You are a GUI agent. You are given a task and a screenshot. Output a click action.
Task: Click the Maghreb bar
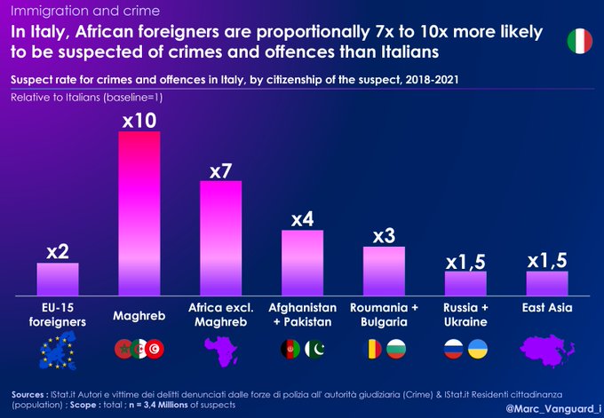[x=139, y=213]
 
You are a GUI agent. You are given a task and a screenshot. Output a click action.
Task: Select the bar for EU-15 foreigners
[x=58, y=279]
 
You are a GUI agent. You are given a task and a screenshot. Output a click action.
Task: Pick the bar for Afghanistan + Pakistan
[x=302, y=263]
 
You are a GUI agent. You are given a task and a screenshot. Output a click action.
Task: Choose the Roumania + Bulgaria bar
[x=384, y=271]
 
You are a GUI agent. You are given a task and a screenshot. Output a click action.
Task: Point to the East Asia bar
[x=547, y=283]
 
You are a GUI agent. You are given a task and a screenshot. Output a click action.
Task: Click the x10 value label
[x=139, y=119]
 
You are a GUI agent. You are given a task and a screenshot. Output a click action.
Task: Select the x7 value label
[x=220, y=170]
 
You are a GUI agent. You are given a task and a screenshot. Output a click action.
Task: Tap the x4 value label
[x=302, y=218]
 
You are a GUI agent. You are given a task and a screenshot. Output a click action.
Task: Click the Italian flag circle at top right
[x=579, y=40]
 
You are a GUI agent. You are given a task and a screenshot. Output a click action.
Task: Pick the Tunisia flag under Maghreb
[x=154, y=349]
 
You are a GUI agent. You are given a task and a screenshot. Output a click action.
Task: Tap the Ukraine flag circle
[x=478, y=349]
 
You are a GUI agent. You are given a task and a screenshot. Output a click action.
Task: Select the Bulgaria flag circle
[x=396, y=349]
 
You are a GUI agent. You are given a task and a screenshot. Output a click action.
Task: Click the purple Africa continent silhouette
[x=219, y=351]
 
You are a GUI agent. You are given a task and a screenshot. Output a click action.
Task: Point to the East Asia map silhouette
[x=546, y=350]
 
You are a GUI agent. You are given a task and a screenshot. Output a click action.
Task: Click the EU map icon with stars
[x=57, y=351]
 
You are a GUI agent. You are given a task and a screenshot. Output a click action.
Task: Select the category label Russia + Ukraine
[x=465, y=314]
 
